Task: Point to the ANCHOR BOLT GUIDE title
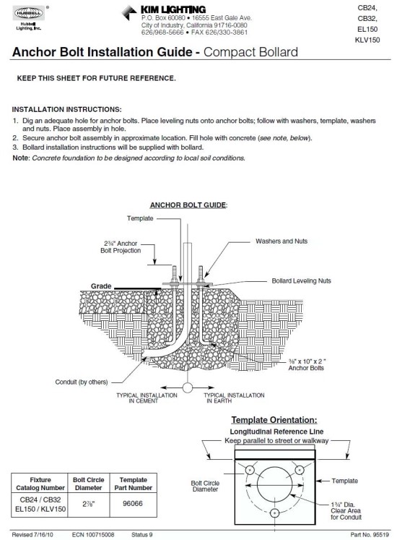(x=188, y=205)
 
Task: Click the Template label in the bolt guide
(x=141, y=218)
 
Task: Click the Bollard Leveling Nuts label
(x=302, y=280)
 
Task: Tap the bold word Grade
(x=101, y=286)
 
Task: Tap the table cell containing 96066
(x=133, y=503)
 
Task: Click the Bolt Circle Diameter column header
(x=90, y=484)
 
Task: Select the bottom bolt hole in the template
(x=275, y=513)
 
